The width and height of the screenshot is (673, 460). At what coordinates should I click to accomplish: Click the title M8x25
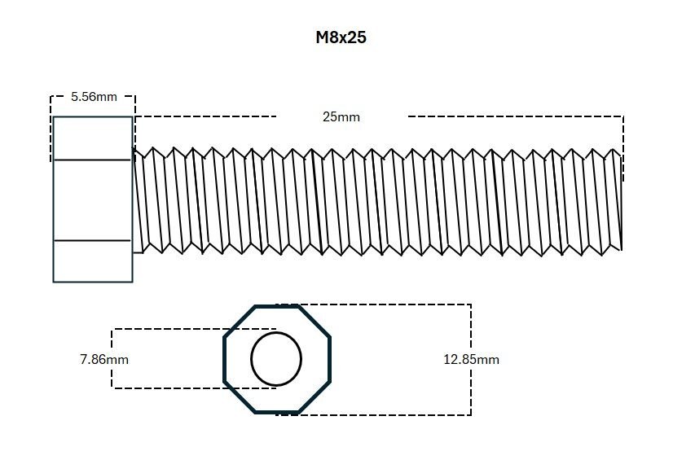(341, 37)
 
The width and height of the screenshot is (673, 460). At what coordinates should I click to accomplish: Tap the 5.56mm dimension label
(94, 96)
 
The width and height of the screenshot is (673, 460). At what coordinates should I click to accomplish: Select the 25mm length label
(341, 116)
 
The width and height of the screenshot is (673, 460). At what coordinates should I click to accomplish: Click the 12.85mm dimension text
(470, 359)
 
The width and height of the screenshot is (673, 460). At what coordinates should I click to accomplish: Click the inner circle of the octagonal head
(276, 358)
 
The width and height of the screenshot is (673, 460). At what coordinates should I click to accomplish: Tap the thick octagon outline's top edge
(276, 307)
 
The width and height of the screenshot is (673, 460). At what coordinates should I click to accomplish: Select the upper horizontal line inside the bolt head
(92, 160)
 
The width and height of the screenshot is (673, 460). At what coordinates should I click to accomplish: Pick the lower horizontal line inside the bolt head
(92, 241)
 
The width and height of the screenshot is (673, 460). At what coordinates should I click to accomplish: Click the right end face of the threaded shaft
(622, 199)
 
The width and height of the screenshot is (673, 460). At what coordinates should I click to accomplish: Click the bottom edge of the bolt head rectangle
(92, 282)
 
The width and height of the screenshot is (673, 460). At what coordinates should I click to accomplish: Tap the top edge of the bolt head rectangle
(92, 117)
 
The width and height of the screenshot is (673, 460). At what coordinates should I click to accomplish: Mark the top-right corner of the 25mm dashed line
(623, 116)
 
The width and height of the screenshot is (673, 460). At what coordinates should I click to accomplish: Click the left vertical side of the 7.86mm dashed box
(112, 358)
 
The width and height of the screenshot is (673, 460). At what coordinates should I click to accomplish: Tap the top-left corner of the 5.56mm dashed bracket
(51, 96)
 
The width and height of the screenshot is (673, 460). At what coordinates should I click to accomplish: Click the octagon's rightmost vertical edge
(330, 358)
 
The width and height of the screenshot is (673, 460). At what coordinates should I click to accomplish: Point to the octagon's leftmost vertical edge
(225, 358)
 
